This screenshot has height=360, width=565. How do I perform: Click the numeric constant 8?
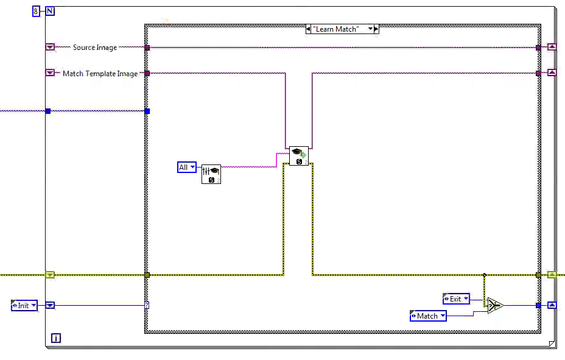(x=36, y=10)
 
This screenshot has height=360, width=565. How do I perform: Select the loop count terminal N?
(x=49, y=10)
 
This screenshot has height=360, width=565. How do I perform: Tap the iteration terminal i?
(x=55, y=338)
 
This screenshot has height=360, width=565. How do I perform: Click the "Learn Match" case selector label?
(x=342, y=29)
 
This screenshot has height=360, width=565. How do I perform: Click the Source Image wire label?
(x=94, y=48)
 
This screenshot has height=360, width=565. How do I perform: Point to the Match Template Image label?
(x=100, y=74)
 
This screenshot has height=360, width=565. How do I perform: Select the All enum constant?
(x=186, y=167)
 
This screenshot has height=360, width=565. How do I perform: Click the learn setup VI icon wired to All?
(x=211, y=174)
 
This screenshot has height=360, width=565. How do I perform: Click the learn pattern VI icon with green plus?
(x=298, y=156)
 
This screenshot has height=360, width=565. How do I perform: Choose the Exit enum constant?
(x=456, y=299)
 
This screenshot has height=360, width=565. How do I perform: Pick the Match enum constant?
(x=428, y=316)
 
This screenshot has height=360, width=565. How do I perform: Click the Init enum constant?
(x=24, y=305)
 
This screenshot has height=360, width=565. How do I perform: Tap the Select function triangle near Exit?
(x=494, y=305)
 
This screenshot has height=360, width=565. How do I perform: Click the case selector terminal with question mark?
(x=147, y=305)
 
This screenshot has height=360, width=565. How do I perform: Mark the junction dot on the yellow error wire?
(x=484, y=275)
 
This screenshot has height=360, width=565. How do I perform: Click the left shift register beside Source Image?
(x=50, y=47)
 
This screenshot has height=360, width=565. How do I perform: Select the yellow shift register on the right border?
(x=552, y=275)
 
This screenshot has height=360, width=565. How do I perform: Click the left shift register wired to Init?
(x=50, y=305)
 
